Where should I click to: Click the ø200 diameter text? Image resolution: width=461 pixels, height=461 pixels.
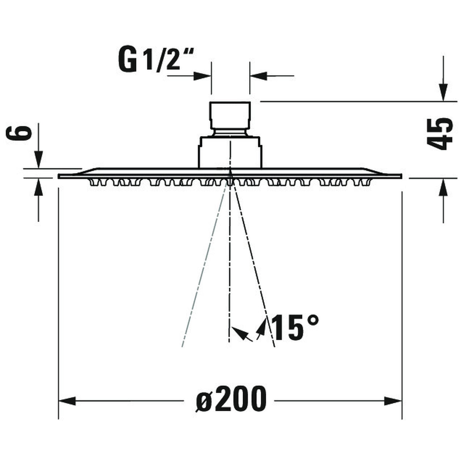coord(231,399)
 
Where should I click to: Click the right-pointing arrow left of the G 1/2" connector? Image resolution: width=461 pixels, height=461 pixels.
coord(202,76)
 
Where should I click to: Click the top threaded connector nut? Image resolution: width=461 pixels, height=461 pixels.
coord(230,114)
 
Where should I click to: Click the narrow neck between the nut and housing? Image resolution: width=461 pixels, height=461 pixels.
coord(230,132)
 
